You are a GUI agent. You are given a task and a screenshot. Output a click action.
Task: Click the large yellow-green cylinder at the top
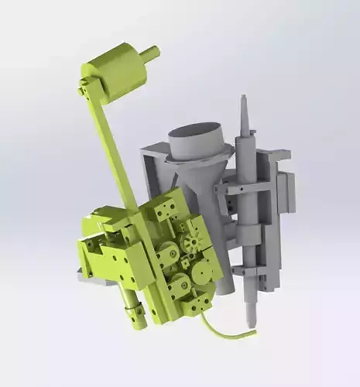click(x=116, y=71)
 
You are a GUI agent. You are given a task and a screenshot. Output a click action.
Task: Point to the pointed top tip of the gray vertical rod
click(x=243, y=99)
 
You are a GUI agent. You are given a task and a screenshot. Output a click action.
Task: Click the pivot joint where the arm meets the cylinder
click(x=84, y=89)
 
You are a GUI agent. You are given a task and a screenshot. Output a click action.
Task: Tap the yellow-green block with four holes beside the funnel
click(x=166, y=207)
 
